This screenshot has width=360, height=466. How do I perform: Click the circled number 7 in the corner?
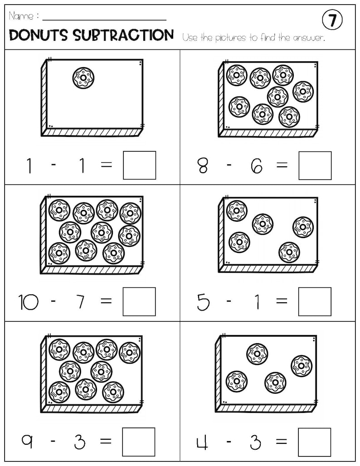(x=332, y=20)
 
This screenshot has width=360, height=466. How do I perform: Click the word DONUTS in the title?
(x=38, y=35)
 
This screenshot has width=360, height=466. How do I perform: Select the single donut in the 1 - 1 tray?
(x=83, y=78)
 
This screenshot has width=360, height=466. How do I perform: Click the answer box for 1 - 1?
(x=140, y=165)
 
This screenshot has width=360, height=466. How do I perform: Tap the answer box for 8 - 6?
(x=315, y=165)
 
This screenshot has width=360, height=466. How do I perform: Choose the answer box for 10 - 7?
(x=139, y=301)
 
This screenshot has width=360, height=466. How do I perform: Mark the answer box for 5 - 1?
(x=315, y=301)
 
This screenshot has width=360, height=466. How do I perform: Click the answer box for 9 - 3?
(x=139, y=442)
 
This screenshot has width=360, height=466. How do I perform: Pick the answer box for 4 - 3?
(x=315, y=442)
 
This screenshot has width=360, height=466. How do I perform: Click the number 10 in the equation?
(x=28, y=302)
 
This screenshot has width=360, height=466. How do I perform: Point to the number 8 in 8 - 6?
(x=203, y=166)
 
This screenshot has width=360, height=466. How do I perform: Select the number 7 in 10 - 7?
(x=80, y=302)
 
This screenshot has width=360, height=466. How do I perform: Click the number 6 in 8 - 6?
(x=256, y=166)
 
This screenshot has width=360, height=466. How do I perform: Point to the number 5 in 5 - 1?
(x=203, y=302)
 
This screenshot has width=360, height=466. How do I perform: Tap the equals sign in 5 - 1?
(x=282, y=302)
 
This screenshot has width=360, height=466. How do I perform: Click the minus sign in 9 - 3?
(x=54, y=442)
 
